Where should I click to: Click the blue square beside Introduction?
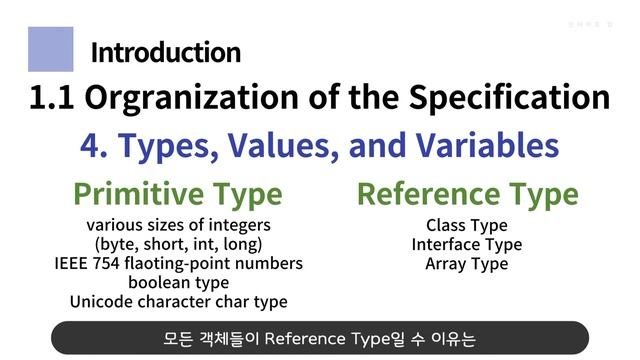click(x=50, y=49)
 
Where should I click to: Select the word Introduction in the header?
click(x=165, y=52)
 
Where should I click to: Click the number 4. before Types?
click(x=94, y=146)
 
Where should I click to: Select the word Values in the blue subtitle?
click(x=288, y=146)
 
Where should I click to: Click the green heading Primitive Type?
click(x=178, y=193)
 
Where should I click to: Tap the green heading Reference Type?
click(x=467, y=193)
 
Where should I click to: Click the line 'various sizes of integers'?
click(x=178, y=225)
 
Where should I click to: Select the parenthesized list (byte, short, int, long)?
click(x=178, y=244)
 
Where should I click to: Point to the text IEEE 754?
click(x=88, y=263)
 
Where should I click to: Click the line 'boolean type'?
click(x=178, y=282)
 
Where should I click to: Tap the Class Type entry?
click(x=466, y=225)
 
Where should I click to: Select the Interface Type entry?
click(x=466, y=244)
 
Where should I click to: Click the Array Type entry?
click(x=466, y=264)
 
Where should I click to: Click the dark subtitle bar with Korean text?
click(x=320, y=337)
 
